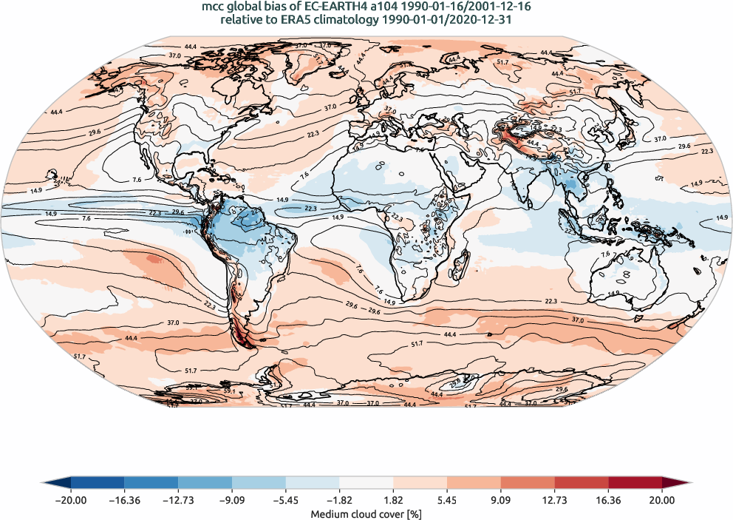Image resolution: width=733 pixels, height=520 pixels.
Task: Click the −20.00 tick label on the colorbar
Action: (71, 500)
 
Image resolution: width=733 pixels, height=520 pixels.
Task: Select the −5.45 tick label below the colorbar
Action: (286, 500)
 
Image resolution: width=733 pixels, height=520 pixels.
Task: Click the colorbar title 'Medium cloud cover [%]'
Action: (366, 514)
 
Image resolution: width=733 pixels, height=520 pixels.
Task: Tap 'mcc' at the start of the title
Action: (213, 7)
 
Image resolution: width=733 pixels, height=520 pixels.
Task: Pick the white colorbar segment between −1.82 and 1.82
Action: (366, 484)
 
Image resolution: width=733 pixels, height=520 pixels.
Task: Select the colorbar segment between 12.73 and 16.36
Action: (582, 484)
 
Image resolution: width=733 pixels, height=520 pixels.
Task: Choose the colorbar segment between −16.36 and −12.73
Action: (151, 484)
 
